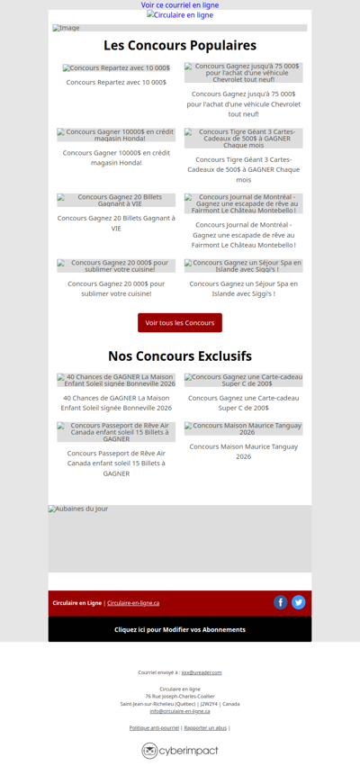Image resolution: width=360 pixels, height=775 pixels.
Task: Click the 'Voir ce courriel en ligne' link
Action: point(180,5)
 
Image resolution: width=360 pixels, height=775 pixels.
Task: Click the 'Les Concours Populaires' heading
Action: point(180,46)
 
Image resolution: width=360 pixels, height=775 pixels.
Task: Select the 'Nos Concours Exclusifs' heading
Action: point(180,356)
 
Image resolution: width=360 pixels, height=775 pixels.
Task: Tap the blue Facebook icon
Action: point(281,602)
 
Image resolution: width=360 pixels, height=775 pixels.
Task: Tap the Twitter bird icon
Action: point(299,602)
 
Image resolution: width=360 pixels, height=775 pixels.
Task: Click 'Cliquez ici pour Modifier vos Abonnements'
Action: point(180,629)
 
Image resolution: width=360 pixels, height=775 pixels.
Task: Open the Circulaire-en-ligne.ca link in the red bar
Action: point(133,603)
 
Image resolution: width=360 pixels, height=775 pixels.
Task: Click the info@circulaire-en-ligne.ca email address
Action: point(180,711)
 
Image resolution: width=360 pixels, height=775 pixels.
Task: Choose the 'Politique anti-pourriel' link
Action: point(154,727)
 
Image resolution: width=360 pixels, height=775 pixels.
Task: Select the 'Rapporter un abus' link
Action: point(205,727)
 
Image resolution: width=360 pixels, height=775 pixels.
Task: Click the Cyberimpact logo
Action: point(180,751)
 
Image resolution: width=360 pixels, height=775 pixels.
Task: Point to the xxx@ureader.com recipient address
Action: point(202,672)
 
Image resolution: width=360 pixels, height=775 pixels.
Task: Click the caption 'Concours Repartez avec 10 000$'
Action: point(116,82)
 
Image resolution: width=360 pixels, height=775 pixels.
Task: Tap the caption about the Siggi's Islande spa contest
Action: point(243,288)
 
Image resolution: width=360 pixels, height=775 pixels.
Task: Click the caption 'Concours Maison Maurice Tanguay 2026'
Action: point(243,451)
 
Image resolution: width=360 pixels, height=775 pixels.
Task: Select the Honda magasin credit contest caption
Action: point(116,158)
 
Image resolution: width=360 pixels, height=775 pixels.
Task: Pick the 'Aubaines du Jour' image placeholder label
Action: point(78,509)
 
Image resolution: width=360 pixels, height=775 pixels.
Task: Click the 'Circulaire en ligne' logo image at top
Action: point(180,15)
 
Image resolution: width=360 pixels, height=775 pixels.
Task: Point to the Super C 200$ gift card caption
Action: point(243,402)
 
